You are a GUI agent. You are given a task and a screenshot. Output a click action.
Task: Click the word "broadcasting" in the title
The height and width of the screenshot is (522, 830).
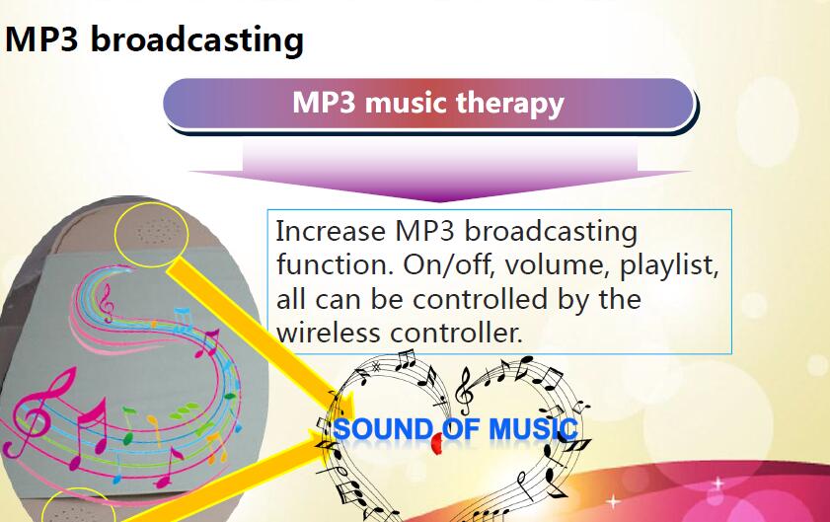[197, 40]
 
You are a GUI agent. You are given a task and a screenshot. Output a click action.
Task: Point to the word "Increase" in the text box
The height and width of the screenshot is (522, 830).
[331, 231]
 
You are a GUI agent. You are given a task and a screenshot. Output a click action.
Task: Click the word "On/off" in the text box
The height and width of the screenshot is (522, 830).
[449, 264]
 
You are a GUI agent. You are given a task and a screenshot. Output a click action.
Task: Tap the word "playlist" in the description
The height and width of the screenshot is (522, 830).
[669, 265]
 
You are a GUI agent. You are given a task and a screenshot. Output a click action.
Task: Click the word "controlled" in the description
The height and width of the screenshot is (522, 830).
[480, 299]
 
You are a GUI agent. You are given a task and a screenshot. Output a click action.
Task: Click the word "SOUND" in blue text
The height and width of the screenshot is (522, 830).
[383, 429]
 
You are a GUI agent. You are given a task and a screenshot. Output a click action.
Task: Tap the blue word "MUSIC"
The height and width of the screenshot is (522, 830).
[533, 429]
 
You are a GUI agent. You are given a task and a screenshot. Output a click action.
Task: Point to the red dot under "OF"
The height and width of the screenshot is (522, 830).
[437, 444]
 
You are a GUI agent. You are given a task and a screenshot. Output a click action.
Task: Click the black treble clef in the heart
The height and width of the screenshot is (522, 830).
[465, 392]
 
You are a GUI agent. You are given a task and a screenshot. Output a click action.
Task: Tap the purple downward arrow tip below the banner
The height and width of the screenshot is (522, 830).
[439, 200]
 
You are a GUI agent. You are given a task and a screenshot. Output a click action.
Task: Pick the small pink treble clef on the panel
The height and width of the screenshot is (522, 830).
[107, 302]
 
